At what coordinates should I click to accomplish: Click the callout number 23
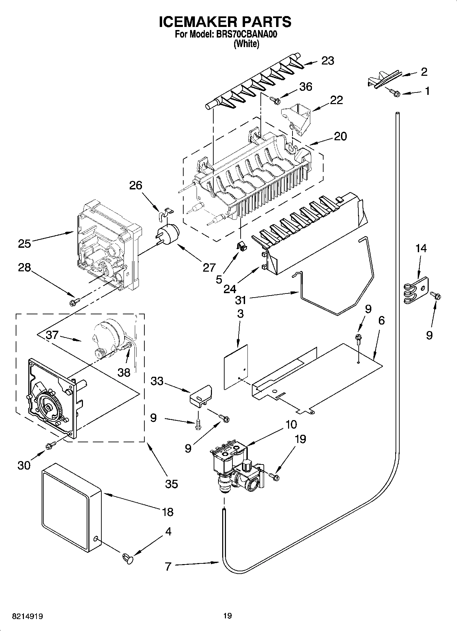[327, 61]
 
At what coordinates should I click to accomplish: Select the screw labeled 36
[275, 100]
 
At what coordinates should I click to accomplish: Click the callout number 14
[421, 248]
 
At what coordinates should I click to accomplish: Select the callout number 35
[172, 484]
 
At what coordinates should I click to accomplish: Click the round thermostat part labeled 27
[169, 234]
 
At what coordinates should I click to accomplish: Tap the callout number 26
[135, 186]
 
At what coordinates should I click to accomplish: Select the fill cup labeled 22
[297, 119]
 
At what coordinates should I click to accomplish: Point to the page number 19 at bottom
[227, 616]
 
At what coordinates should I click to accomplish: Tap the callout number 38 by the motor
[124, 372]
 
